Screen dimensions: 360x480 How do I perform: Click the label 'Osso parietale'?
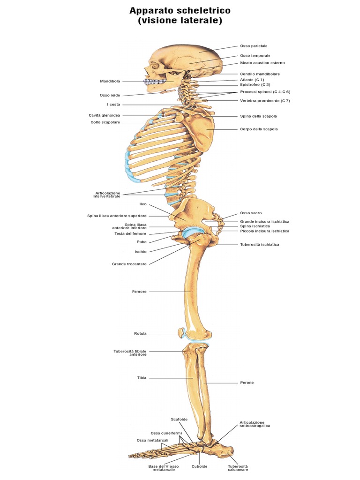click(x=254, y=46)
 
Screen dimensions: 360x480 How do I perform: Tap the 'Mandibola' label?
click(x=110, y=81)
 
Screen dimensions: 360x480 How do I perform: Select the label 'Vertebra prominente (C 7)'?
click(x=265, y=101)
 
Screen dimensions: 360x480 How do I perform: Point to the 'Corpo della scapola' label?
click(x=259, y=129)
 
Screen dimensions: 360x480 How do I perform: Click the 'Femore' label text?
click(x=139, y=292)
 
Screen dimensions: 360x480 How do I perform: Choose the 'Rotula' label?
click(x=140, y=334)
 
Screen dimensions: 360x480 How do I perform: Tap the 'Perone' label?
click(x=247, y=382)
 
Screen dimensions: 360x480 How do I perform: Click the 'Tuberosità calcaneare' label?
click(x=238, y=468)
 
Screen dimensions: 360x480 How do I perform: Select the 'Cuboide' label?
click(x=199, y=466)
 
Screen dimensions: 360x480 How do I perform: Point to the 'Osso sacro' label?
click(x=251, y=213)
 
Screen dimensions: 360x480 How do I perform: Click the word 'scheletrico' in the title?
click(x=203, y=11)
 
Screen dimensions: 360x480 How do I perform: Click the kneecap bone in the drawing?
click(x=182, y=332)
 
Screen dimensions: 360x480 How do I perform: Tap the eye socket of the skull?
click(x=154, y=66)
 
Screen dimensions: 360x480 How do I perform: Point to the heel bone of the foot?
click(x=225, y=451)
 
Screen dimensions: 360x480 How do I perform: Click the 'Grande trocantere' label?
click(x=129, y=264)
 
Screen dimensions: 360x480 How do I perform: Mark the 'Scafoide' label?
click(x=179, y=420)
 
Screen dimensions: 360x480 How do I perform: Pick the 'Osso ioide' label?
click(x=110, y=95)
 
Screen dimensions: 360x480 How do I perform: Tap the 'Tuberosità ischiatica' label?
click(x=259, y=245)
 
